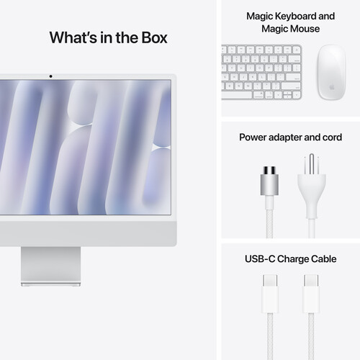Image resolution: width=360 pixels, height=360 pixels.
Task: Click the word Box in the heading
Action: pos(151,37)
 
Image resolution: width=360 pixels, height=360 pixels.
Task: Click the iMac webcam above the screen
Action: pos(50,76)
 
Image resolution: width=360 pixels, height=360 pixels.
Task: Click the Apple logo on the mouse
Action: pos(330,84)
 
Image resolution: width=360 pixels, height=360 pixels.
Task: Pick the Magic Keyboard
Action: pos(261,71)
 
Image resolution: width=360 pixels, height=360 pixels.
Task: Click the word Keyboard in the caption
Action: pos(292,16)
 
